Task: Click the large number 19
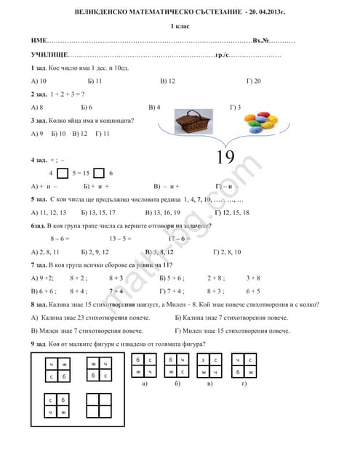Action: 225,157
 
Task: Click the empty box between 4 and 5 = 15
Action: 62,173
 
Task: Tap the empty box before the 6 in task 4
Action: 99,173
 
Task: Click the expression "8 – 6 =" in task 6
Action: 60,238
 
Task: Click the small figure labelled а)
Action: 143,365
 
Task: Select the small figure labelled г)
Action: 244,365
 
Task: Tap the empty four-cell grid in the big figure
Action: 97,405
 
